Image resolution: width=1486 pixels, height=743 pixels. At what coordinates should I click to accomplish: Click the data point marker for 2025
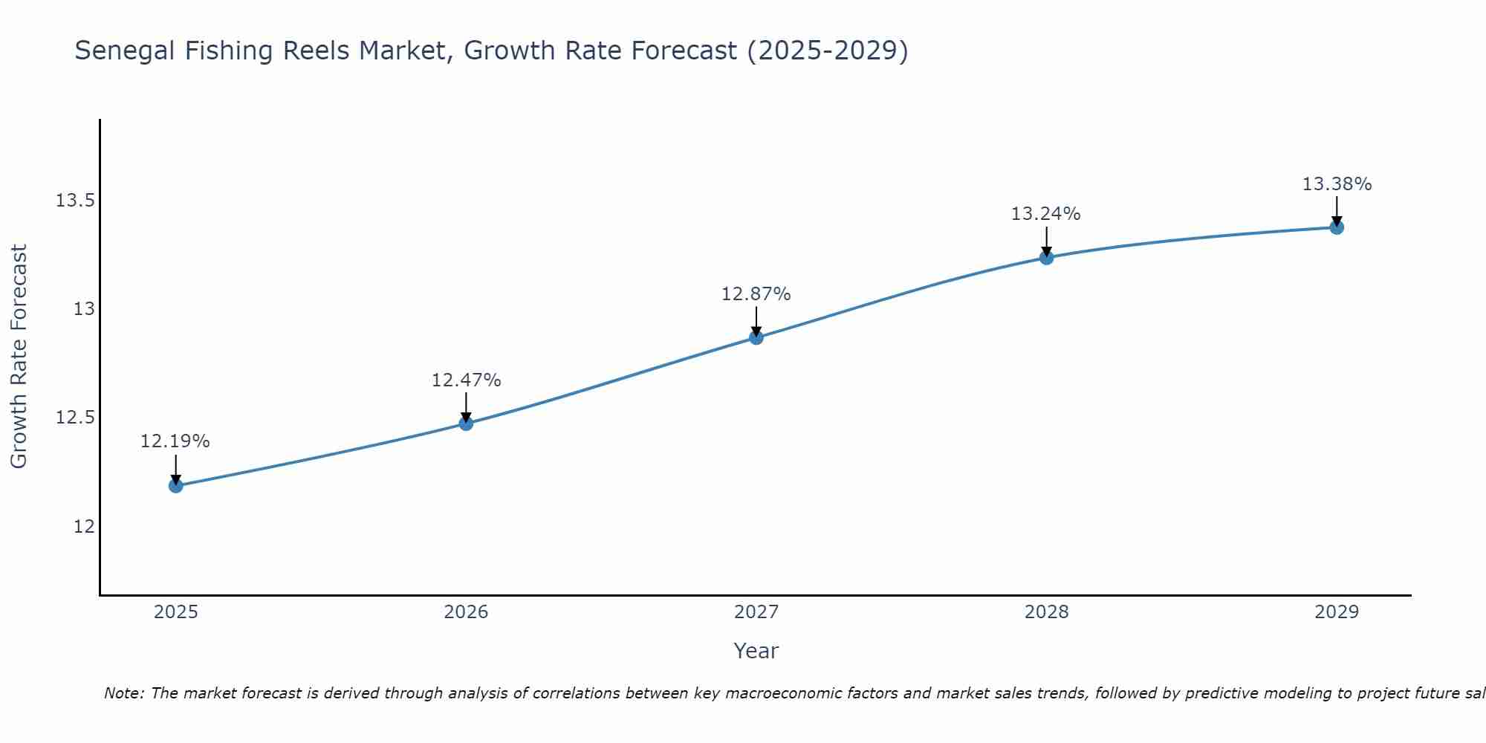click(176, 486)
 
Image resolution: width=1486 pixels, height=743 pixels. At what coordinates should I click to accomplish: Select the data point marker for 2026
click(466, 424)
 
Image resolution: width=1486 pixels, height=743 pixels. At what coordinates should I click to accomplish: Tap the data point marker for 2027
click(756, 337)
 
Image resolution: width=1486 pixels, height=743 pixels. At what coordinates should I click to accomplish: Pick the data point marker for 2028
click(1046, 258)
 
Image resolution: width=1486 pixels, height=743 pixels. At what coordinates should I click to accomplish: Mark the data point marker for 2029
click(1337, 227)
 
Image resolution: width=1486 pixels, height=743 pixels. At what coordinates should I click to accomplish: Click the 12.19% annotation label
click(175, 441)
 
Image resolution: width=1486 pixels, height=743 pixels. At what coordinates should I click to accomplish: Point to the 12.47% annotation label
click(466, 380)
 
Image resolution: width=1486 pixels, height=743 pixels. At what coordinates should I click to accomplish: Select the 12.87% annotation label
click(756, 294)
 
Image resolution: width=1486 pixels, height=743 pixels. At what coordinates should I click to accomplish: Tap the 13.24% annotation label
click(1046, 214)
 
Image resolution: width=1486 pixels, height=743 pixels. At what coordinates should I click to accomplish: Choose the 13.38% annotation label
click(1337, 184)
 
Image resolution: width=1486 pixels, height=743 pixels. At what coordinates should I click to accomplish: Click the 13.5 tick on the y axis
click(75, 201)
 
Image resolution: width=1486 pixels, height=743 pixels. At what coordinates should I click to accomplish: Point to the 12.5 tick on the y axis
click(75, 418)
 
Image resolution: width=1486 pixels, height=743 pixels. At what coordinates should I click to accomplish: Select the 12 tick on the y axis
click(84, 526)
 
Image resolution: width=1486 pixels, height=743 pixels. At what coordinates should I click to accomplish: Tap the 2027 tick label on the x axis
click(756, 612)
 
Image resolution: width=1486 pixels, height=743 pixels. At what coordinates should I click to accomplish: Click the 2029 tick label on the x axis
click(1337, 612)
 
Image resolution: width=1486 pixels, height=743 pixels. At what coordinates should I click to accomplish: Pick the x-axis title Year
click(756, 651)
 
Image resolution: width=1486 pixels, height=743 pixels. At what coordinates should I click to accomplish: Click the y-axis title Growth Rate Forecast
click(19, 357)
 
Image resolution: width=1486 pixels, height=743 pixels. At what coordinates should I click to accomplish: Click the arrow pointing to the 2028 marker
click(1046, 242)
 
